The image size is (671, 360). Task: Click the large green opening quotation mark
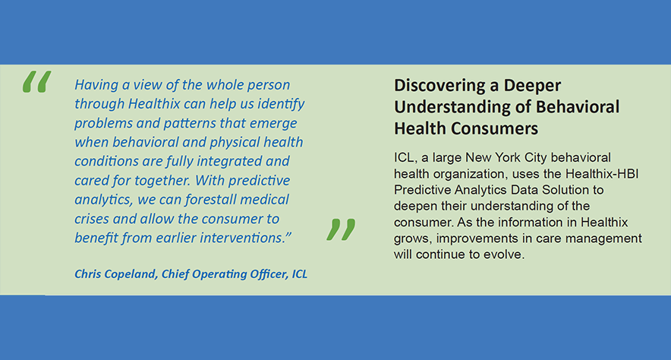coord(36,81)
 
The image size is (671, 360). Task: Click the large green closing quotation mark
coord(341,229)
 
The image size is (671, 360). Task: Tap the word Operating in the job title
coord(219,274)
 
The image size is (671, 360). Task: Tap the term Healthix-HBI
coord(602,174)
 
